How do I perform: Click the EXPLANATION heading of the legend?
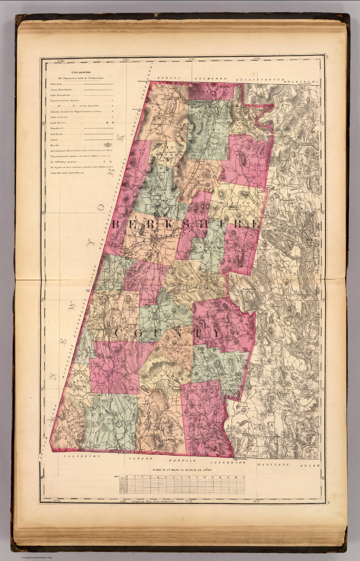pos(81,73)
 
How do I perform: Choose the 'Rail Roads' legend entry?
pos(57,134)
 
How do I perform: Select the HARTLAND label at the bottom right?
pos(273,465)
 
